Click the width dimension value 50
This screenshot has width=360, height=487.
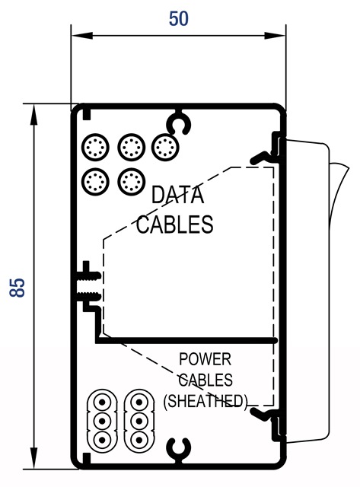[179, 18]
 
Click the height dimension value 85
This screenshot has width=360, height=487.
[18, 288]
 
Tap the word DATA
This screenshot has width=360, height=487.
[177, 195]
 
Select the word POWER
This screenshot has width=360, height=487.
[205, 359]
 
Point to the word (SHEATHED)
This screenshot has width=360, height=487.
[205, 401]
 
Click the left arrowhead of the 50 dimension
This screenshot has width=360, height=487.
[81, 36]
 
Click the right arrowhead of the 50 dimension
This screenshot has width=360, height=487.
[275, 36]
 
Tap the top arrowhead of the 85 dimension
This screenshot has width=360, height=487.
[33, 114]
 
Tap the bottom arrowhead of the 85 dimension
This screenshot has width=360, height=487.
[33, 457]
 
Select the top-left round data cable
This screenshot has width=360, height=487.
[96, 148]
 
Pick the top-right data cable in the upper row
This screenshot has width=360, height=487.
[165, 148]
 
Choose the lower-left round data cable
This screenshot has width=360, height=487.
[96, 182]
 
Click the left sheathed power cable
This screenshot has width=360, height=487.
[102, 421]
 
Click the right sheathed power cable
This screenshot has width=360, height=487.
[139, 421]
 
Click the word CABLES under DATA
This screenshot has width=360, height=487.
[175, 224]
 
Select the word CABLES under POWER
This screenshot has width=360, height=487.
[205, 380]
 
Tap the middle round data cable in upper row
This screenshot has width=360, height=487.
[132, 148]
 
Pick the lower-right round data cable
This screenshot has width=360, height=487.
[132, 182]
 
